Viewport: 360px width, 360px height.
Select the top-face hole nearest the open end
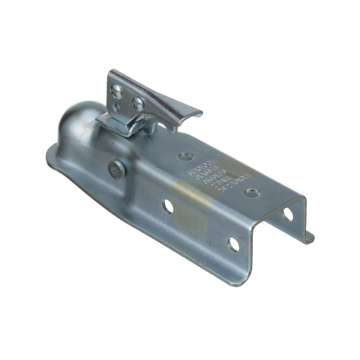[251, 193]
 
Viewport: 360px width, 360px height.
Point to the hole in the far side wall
[287, 214]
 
